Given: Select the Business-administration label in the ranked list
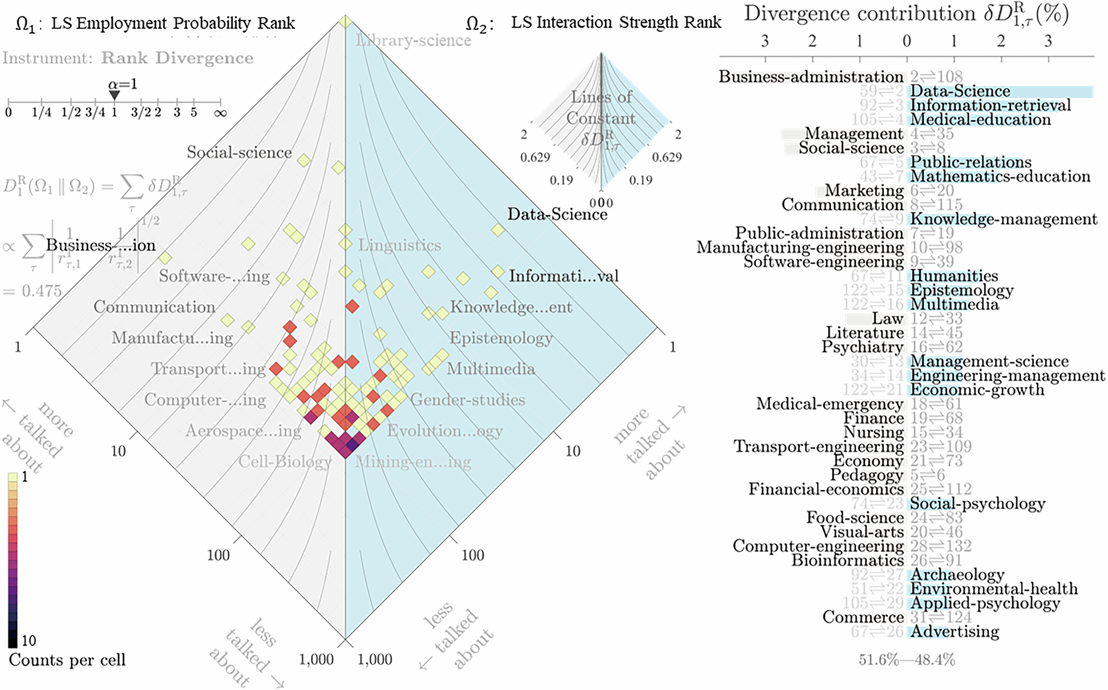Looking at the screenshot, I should pos(811,77).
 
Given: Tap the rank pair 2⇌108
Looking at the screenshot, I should pos(937,77).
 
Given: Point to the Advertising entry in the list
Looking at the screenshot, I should pos(955,632).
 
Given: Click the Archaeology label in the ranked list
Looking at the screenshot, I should pos(957,575).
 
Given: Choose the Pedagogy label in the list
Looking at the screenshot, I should pos(866,475).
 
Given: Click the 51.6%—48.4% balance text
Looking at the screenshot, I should pos(906,660).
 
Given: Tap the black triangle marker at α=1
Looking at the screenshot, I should pos(114,95).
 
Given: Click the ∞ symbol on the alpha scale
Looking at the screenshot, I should pos(220,113).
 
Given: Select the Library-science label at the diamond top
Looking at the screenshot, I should pos(413,41).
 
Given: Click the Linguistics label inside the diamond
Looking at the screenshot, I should pos(399,245).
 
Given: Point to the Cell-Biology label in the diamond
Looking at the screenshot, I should pos(285,462).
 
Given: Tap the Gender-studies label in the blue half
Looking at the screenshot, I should pos(467,400).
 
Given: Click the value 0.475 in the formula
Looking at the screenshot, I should pos(42,291).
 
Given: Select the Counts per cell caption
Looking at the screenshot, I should pos(67,660).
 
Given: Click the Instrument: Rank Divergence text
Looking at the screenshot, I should pos(128,59).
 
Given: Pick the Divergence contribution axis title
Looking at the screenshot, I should pos(906,14).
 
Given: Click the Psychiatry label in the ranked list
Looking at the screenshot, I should pos(862,347).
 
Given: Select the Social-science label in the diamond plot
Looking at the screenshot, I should pos(239,153).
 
